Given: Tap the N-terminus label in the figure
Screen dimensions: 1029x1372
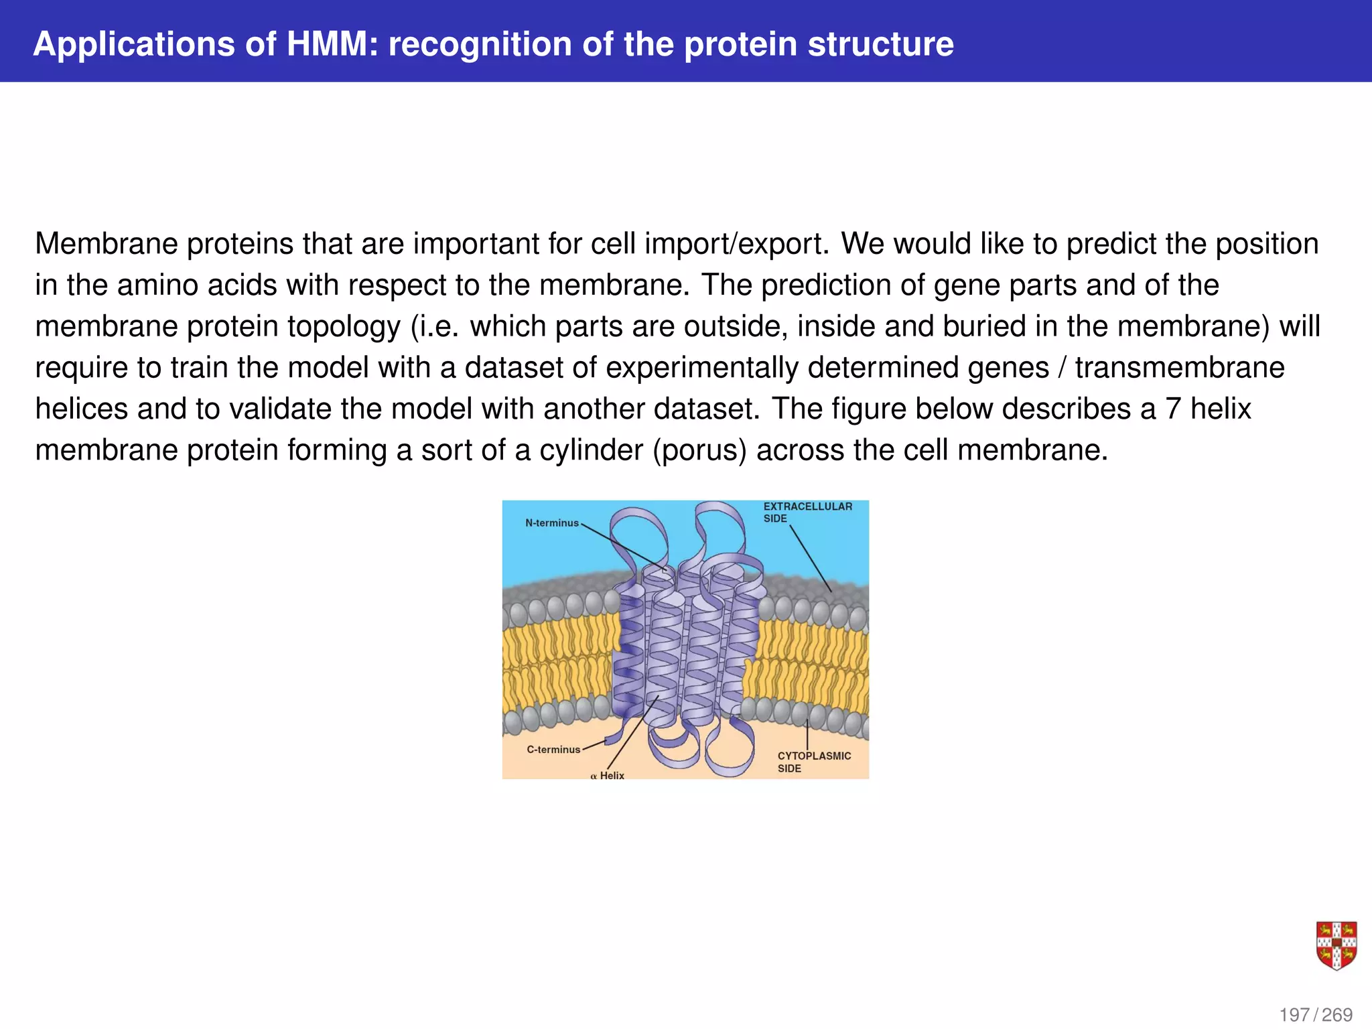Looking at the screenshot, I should pyautogui.click(x=551, y=523).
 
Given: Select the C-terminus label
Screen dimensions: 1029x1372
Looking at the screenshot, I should pyautogui.click(x=553, y=750).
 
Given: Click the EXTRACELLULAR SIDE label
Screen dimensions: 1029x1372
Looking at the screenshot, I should pyautogui.click(x=807, y=512).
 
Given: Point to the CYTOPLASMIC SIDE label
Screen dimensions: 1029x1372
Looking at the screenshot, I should pyautogui.click(x=813, y=762).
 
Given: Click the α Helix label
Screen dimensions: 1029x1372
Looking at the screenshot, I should pyautogui.click(x=608, y=776).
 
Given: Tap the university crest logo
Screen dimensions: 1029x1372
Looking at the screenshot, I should pyautogui.click(x=1336, y=945).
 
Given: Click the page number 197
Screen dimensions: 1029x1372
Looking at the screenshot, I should pyautogui.click(x=1294, y=1015).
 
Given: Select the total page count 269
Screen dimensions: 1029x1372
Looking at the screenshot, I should pyautogui.click(x=1336, y=1015).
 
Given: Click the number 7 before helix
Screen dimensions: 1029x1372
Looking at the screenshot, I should pyautogui.click(x=1172, y=409).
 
